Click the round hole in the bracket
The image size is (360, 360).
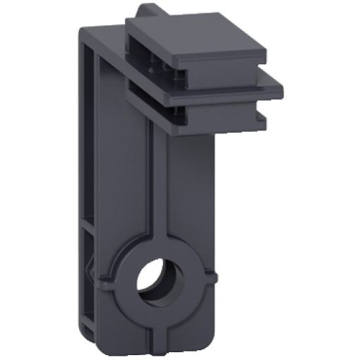pyautogui.click(x=154, y=281)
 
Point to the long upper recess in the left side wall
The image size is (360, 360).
pyautogui.click(x=88, y=127)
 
